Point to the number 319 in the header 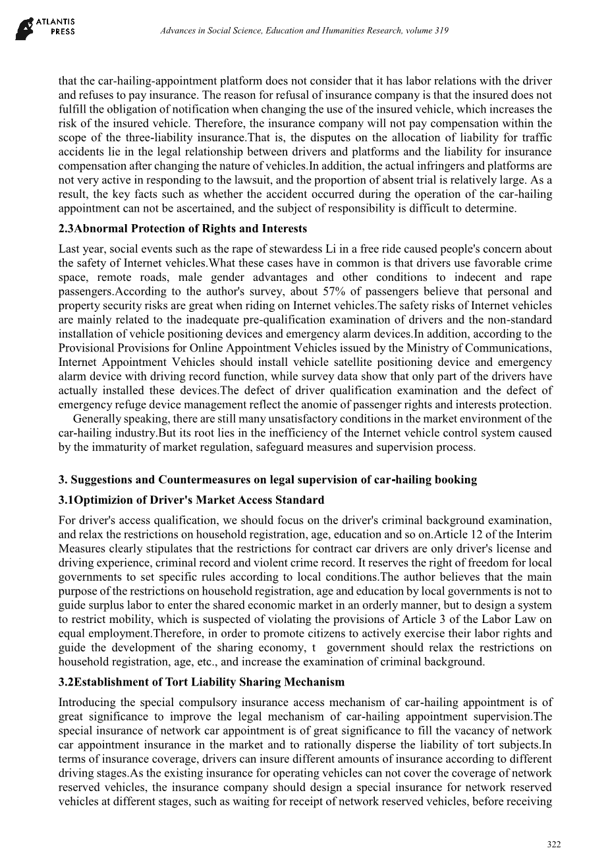[x=441, y=31]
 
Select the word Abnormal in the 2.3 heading [x=100, y=229]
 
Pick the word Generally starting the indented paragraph [x=96, y=419]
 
